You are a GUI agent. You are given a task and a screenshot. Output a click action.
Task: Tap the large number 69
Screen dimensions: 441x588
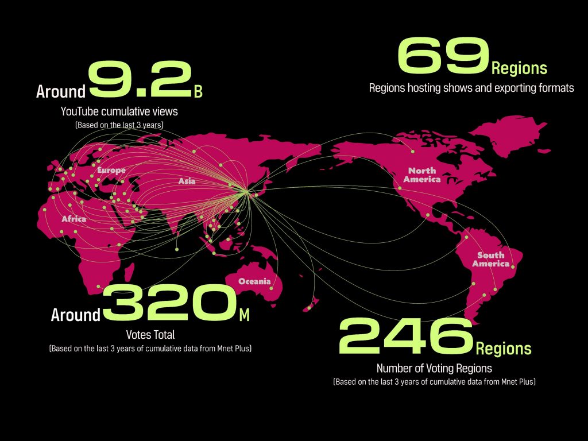pos(443,56)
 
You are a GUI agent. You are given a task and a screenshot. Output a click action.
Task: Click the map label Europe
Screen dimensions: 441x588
pos(111,171)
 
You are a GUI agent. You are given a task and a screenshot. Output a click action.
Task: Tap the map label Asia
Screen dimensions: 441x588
pos(187,181)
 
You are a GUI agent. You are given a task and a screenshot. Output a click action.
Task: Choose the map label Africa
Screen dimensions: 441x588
pos(74,219)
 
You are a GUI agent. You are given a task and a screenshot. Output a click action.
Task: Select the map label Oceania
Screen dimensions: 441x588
pos(254,281)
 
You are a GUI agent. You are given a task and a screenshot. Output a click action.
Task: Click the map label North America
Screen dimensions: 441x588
pos(422,175)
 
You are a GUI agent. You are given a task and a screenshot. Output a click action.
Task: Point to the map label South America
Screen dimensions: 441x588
pos(491,259)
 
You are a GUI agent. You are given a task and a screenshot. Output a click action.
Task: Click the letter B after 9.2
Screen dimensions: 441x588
pos(198,92)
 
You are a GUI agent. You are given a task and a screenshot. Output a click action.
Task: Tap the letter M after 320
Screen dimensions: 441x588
pos(244,315)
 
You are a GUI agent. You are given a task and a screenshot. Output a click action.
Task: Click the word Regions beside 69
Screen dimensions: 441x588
pos(519,69)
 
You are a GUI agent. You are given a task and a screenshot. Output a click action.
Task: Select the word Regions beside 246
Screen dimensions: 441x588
pos(503,349)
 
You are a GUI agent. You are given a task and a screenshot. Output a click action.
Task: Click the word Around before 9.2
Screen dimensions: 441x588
pos(60,92)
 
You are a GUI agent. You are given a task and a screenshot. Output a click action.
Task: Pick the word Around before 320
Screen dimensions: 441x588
pos(75,315)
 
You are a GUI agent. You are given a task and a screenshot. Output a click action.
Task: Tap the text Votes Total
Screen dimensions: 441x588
pos(150,334)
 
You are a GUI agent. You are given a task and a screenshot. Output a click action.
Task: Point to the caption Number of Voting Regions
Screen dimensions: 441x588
pos(434,368)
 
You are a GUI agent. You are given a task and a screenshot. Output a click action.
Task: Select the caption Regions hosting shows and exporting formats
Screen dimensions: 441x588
pos(471,88)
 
